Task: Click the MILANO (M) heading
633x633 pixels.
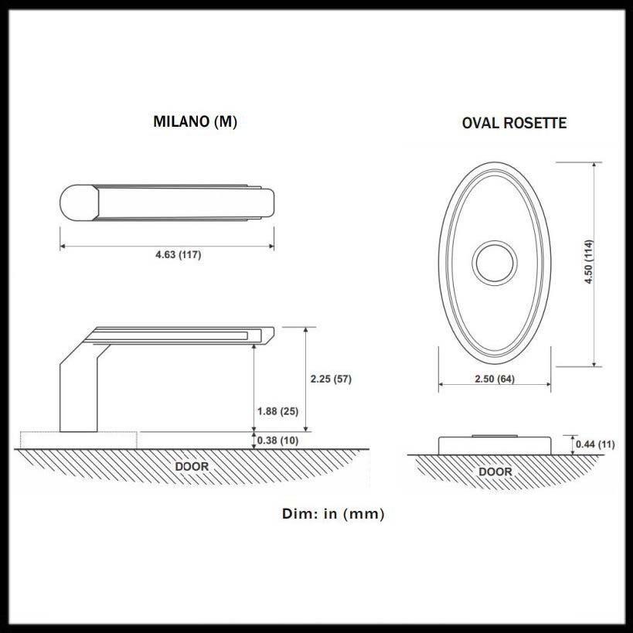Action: (195, 121)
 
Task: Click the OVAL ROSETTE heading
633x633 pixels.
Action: (514, 123)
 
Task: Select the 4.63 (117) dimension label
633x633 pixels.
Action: (178, 256)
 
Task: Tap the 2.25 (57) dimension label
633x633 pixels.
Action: (330, 379)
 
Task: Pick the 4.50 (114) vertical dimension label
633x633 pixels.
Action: (588, 263)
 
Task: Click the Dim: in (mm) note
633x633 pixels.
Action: (333, 513)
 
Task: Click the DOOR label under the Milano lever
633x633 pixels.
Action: (191, 467)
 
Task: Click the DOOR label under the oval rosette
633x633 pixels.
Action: (495, 471)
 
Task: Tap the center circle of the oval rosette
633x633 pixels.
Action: (495, 263)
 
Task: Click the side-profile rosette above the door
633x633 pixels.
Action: (495, 444)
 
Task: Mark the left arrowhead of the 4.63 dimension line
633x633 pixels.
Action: (63, 247)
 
